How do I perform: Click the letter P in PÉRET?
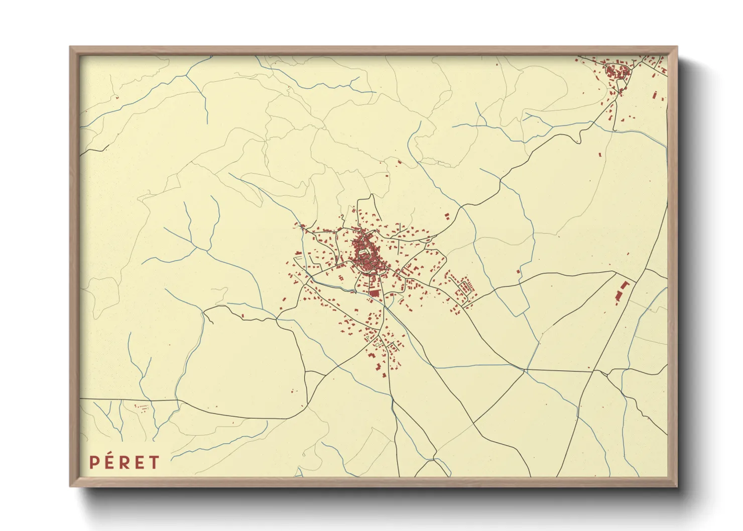coord(94,462)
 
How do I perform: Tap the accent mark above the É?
coord(110,455)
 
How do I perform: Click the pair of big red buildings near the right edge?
coord(622,292)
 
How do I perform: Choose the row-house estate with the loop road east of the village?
coord(462,289)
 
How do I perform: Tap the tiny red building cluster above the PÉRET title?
coord(142,407)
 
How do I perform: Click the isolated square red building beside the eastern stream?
coord(519,272)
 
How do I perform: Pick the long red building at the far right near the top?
coord(655,95)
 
